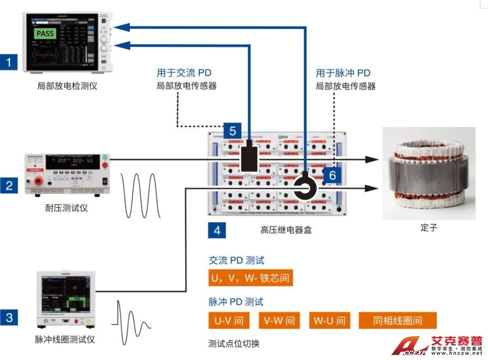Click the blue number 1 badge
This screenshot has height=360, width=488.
tap(9, 61)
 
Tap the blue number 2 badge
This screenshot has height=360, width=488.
tap(9, 185)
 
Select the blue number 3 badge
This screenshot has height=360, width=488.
tap(9, 317)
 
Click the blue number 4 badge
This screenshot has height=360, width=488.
tap(217, 230)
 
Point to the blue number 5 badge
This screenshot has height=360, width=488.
tap(232, 131)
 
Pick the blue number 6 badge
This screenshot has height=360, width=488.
tap(333, 175)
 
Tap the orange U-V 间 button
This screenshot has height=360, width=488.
tap(229, 321)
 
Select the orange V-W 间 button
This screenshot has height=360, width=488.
tap(279, 321)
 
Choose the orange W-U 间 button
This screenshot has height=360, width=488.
tap(330, 321)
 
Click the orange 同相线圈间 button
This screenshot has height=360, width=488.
tap(398, 321)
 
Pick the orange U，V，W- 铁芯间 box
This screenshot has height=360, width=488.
tap(250, 277)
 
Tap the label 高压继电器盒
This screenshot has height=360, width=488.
tap(286, 230)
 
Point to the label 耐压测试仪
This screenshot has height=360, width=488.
tap(66, 208)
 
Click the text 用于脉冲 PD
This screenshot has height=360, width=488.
tap(343, 73)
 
